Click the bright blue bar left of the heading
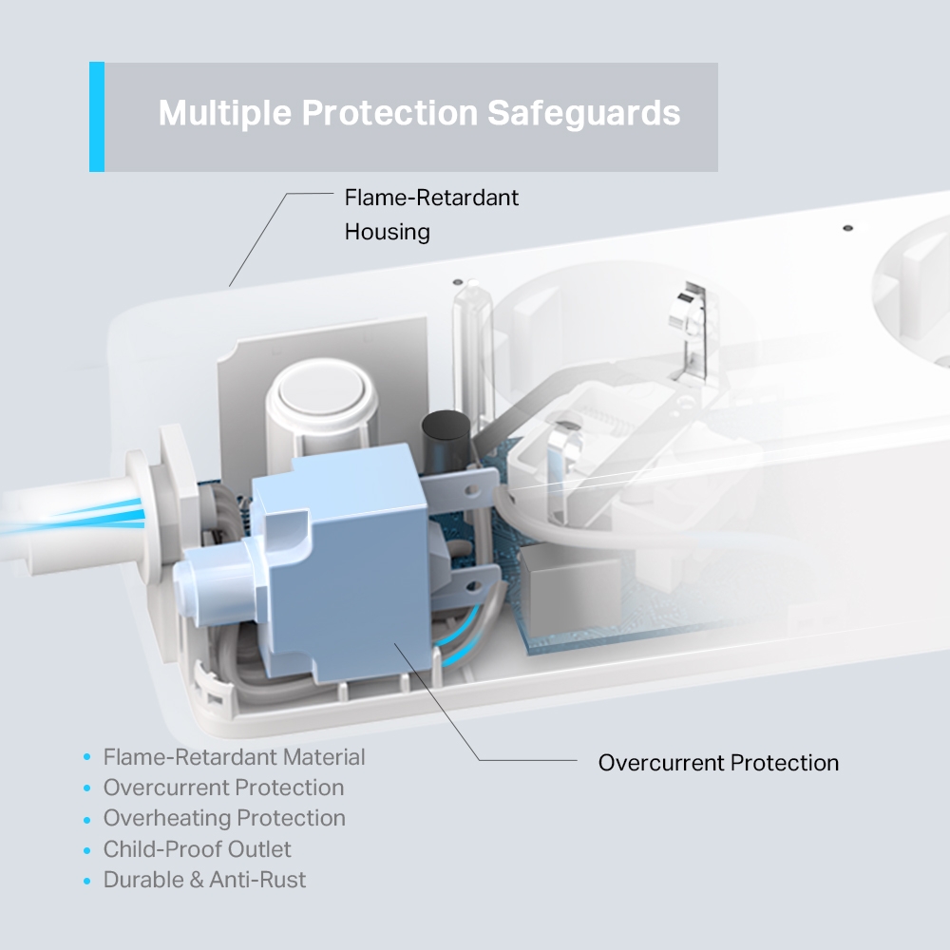[x=96, y=117]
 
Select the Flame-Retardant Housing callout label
[x=431, y=214]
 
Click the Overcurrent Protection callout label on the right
[x=718, y=762]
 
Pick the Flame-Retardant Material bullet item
[x=234, y=757]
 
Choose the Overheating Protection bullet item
[x=224, y=818]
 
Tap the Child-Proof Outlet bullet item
[x=198, y=849]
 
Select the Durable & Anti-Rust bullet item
[x=204, y=880]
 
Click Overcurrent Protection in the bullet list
[x=223, y=788]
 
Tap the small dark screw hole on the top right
[x=847, y=229]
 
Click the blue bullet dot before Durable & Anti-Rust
[x=87, y=881]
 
